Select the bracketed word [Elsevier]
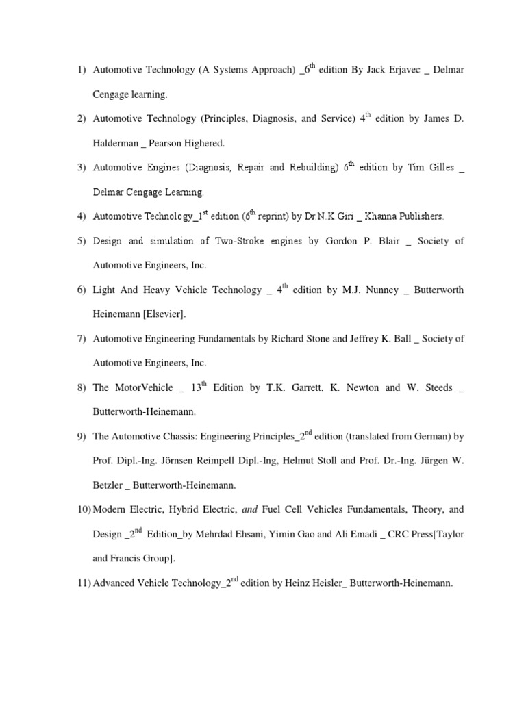point(164,314)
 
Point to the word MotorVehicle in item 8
point(140,387)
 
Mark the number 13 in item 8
point(197,387)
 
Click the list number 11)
point(82,583)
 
